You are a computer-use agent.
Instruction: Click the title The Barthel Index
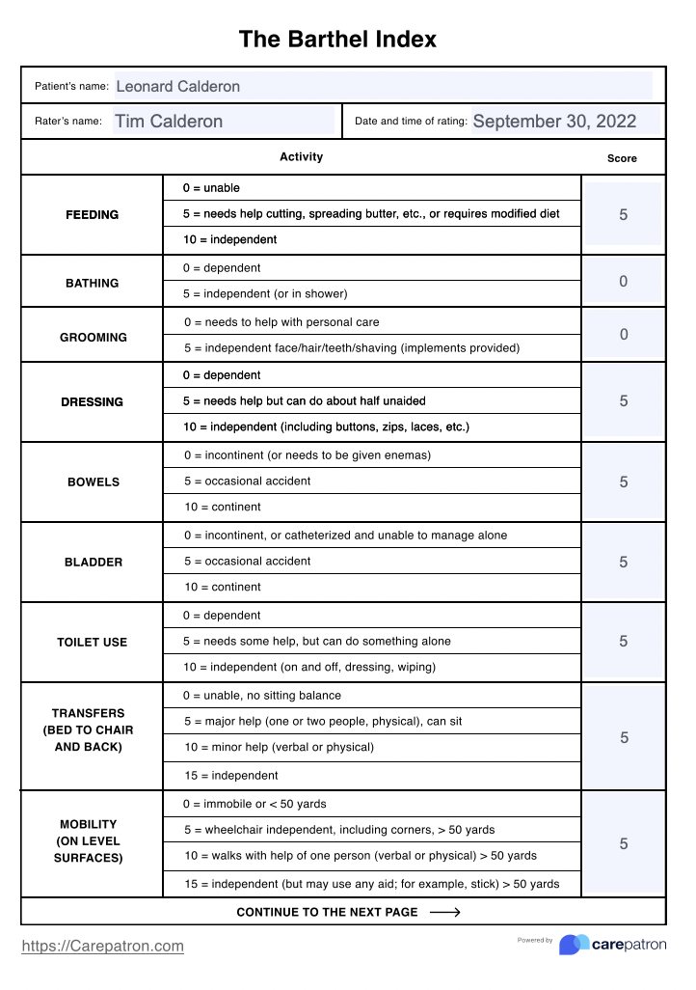click(x=337, y=40)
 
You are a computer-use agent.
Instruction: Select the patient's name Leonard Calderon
click(x=178, y=86)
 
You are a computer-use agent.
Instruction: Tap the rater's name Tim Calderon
click(x=169, y=122)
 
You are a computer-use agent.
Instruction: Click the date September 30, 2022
click(x=554, y=122)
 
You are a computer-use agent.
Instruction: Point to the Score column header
click(x=622, y=158)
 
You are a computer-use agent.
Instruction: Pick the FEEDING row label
click(x=93, y=215)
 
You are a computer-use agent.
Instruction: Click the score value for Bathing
click(x=624, y=282)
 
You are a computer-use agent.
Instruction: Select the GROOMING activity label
click(x=94, y=338)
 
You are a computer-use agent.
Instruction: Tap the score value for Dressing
click(x=624, y=401)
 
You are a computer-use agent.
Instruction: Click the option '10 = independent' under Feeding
click(x=229, y=239)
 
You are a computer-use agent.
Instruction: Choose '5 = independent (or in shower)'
click(x=265, y=293)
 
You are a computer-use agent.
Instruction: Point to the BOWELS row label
click(x=94, y=481)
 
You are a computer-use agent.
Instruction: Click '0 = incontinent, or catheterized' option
click(x=345, y=536)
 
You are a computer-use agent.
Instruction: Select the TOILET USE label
click(x=93, y=642)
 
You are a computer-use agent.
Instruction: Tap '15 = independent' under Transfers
click(x=230, y=775)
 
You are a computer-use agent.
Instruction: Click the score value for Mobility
click(x=624, y=844)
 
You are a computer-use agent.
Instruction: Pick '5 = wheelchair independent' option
click(x=338, y=830)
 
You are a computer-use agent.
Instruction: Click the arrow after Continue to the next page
click(x=444, y=912)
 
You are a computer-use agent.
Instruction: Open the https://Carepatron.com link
click(x=102, y=947)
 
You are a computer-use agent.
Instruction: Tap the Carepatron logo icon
click(x=575, y=945)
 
